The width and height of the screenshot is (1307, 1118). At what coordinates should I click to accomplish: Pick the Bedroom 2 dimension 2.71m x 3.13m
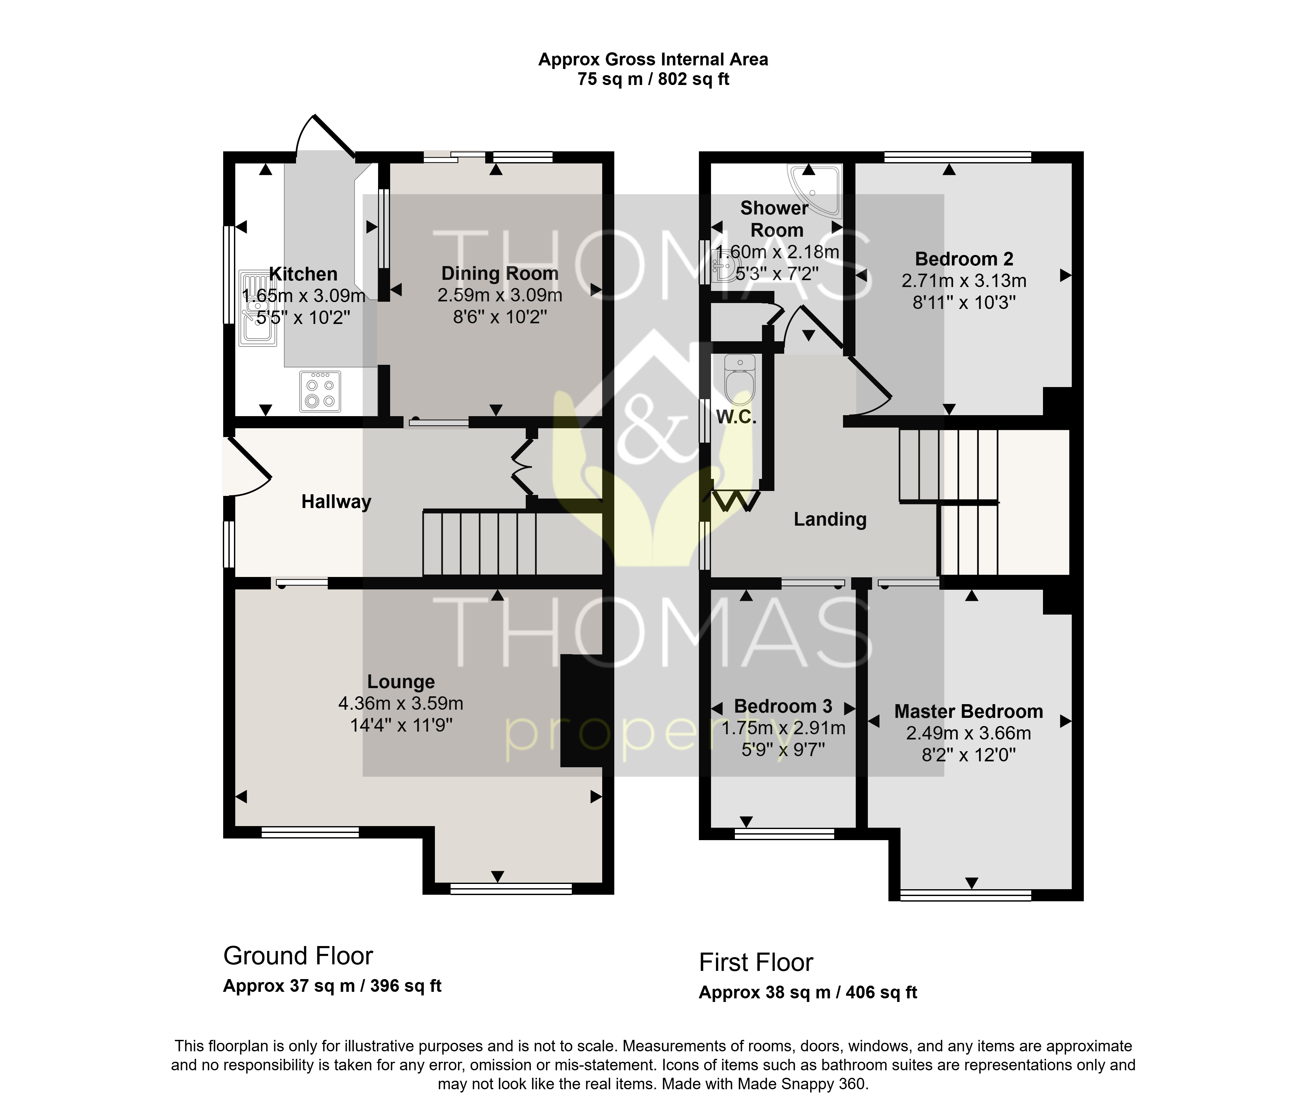(x=964, y=281)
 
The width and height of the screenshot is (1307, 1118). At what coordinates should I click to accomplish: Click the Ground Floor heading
(x=298, y=956)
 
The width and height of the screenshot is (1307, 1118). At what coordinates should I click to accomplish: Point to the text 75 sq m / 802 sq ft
(x=653, y=79)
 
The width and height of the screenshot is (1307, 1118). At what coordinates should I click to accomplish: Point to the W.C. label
(x=736, y=417)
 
